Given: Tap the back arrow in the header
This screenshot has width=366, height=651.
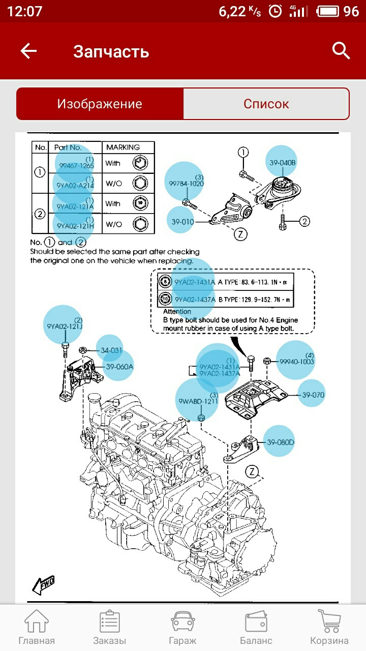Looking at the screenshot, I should [x=28, y=51].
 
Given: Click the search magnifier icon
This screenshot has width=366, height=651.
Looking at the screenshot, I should [x=341, y=51].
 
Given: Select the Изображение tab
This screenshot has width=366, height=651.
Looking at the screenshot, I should [x=100, y=104].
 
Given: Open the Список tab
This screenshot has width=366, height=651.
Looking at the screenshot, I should [x=266, y=104].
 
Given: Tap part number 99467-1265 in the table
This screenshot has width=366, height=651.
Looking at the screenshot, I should [x=76, y=165].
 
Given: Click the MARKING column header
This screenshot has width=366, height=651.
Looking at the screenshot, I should [x=123, y=147].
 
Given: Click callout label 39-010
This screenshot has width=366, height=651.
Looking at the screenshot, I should [x=182, y=222].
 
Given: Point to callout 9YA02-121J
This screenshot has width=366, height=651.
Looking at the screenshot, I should [x=63, y=325].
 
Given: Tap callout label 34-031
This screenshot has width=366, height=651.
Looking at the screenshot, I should [x=111, y=350].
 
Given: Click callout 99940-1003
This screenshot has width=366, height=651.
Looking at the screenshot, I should [x=296, y=361].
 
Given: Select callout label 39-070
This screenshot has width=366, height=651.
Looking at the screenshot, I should [x=313, y=395].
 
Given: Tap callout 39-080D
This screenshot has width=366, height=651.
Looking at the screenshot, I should [x=280, y=441].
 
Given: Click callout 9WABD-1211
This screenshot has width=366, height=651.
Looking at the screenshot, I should [x=198, y=401].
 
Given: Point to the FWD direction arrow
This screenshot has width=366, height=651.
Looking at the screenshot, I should [x=43, y=585].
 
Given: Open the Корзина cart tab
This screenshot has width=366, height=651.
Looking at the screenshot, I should [x=329, y=627].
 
